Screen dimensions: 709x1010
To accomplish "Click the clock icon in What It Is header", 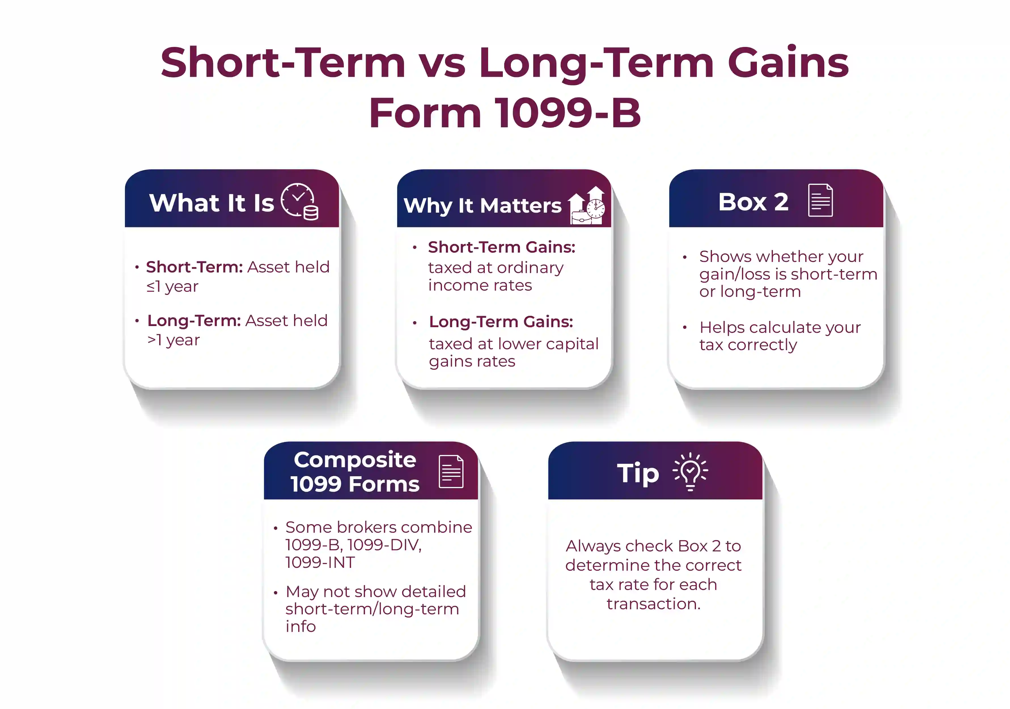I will (x=299, y=201).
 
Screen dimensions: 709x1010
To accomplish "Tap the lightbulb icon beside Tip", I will (x=690, y=471).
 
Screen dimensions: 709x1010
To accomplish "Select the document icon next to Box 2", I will (x=820, y=200).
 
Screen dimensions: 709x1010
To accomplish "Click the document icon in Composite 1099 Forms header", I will (x=451, y=471).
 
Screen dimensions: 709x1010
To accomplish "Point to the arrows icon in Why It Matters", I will (x=587, y=206).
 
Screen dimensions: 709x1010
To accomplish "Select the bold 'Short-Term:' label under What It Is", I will (x=194, y=267).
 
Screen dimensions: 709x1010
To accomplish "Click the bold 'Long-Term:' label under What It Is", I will (x=194, y=321).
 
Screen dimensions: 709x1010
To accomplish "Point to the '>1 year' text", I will (x=173, y=340).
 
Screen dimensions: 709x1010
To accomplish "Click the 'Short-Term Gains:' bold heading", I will (x=501, y=247).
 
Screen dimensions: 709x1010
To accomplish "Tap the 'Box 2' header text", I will (x=753, y=202).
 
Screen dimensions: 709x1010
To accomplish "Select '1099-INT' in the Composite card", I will (x=320, y=562).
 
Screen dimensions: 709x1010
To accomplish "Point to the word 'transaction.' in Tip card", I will (x=653, y=604).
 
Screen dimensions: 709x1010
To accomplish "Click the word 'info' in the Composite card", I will (x=300, y=626).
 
